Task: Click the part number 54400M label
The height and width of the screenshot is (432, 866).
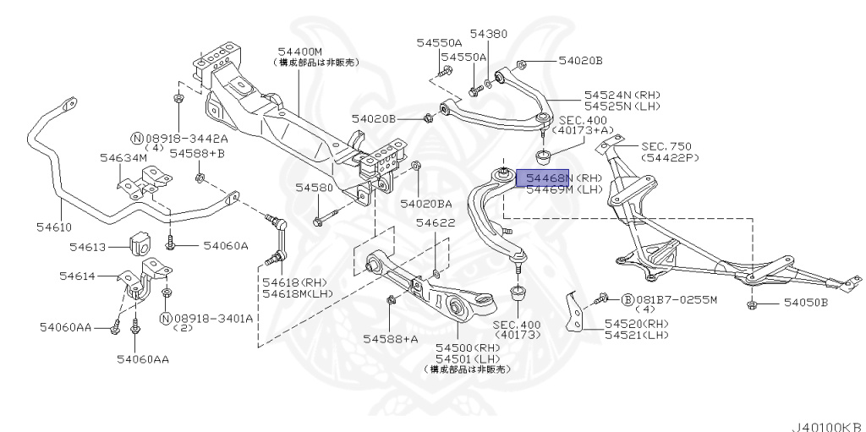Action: [x=297, y=52]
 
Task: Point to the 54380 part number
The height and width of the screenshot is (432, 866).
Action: [x=489, y=35]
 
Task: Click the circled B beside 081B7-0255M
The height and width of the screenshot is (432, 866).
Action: [x=628, y=299]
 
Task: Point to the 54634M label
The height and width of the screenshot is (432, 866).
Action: [x=123, y=157]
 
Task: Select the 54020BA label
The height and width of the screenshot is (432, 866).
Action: [x=425, y=203]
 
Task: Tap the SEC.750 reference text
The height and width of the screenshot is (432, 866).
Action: [x=667, y=145]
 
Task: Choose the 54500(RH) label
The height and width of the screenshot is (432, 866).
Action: [x=467, y=347]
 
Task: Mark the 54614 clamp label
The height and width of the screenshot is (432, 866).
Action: [x=77, y=276]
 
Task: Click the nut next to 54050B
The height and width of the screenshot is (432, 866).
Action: [x=753, y=303]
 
